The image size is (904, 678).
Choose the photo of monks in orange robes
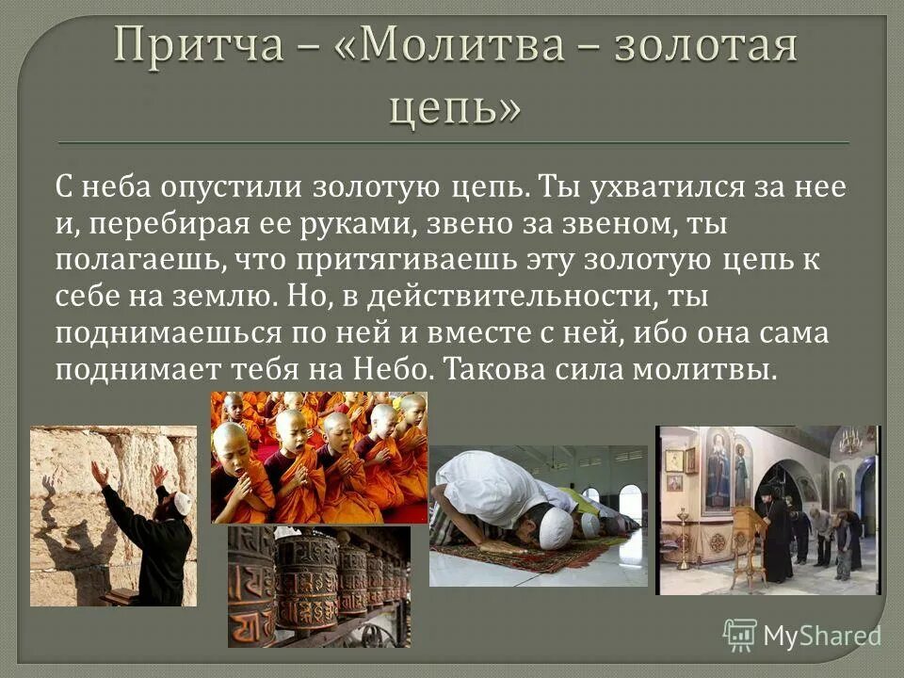[x=318, y=457]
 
